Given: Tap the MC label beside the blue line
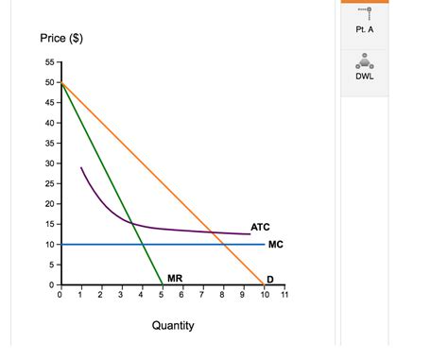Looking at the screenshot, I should click(x=276, y=244).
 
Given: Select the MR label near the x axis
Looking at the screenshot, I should click(x=175, y=278).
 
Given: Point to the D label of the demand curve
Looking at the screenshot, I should click(x=270, y=279).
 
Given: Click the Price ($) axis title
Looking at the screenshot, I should click(x=61, y=39).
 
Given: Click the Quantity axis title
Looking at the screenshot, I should click(x=173, y=326).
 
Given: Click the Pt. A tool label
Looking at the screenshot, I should click(x=365, y=29).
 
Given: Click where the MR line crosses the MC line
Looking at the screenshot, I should click(x=142, y=244).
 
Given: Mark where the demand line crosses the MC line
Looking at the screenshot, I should click(x=223, y=244).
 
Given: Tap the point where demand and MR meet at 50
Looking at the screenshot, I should click(x=60, y=84).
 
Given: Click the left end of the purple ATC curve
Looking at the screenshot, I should click(x=81, y=168).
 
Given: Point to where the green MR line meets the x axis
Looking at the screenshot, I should click(x=162, y=283).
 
